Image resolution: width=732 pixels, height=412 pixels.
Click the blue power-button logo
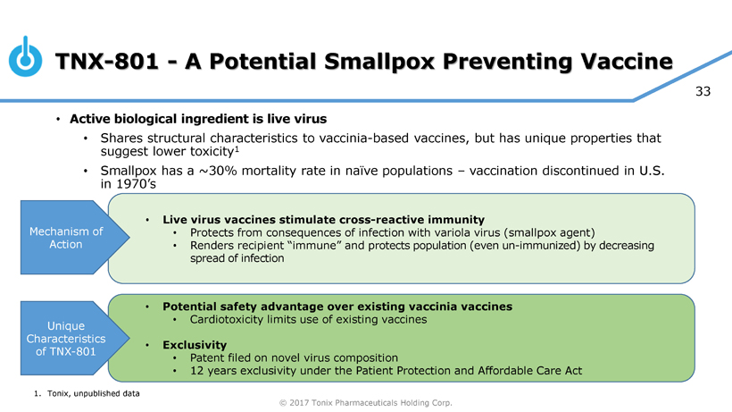25,57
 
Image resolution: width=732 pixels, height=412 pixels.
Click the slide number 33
703,91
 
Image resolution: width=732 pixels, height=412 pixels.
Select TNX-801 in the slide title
107,61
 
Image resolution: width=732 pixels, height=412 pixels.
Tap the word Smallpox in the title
379,62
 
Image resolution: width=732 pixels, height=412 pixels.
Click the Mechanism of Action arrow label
66,238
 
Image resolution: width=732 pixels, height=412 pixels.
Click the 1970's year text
136,184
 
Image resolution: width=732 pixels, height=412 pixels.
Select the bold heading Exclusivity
195,345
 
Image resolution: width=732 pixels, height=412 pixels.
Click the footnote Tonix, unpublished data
94,393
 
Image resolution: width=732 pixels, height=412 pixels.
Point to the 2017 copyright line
365,403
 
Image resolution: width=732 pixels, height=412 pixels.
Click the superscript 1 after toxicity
237,149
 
